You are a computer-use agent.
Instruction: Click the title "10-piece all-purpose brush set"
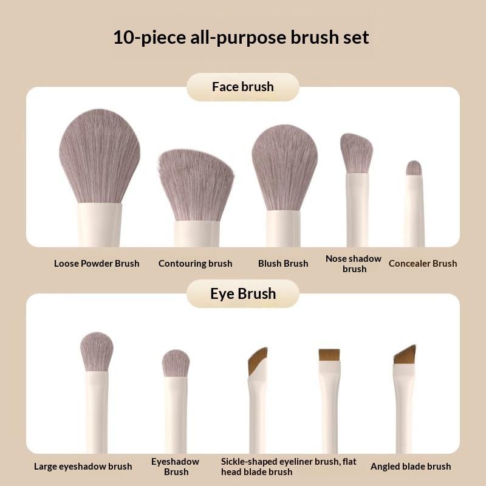(241, 38)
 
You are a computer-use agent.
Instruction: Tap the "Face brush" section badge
(242, 87)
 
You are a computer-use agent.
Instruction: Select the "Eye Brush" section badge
(242, 293)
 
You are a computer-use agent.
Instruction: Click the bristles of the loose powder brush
(100, 156)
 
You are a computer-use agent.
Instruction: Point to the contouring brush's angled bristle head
(196, 185)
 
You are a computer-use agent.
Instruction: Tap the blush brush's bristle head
(284, 168)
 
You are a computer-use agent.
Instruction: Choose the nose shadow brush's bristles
(357, 153)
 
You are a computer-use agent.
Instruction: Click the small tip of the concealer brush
(414, 168)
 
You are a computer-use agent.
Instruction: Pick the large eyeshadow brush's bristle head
(97, 352)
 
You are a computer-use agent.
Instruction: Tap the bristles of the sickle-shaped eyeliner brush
(256, 360)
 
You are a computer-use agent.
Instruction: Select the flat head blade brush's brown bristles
(329, 355)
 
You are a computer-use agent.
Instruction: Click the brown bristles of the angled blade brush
(405, 355)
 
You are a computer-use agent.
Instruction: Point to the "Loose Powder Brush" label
(97, 264)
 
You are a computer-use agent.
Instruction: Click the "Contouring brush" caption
(195, 264)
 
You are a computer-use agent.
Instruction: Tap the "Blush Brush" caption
(283, 264)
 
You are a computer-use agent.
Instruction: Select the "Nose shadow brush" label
(354, 264)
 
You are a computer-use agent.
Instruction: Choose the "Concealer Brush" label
(423, 264)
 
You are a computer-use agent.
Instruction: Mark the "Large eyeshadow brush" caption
(83, 467)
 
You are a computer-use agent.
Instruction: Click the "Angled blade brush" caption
(411, 467)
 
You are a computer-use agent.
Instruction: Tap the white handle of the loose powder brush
(100, 225)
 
